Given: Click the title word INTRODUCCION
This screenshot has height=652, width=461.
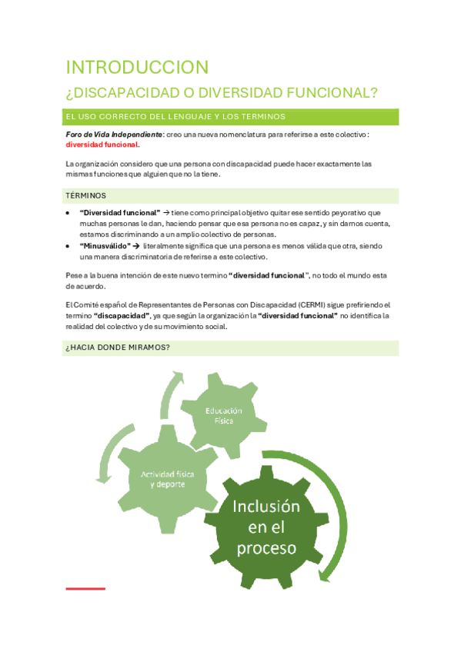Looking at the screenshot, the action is coord(137,67).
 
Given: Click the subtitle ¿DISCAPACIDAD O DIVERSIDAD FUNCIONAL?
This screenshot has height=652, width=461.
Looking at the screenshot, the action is coord(222,93).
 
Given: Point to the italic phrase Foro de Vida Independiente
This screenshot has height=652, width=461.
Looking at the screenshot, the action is coord(114,134).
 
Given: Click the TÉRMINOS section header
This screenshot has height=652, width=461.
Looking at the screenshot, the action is coord(86,195).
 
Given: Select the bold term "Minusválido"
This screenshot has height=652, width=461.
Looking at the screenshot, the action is coord(105,245).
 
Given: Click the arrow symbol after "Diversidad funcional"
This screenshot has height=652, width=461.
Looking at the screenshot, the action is coord(165,212).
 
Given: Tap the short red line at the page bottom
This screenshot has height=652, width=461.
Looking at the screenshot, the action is coord(85,589).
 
